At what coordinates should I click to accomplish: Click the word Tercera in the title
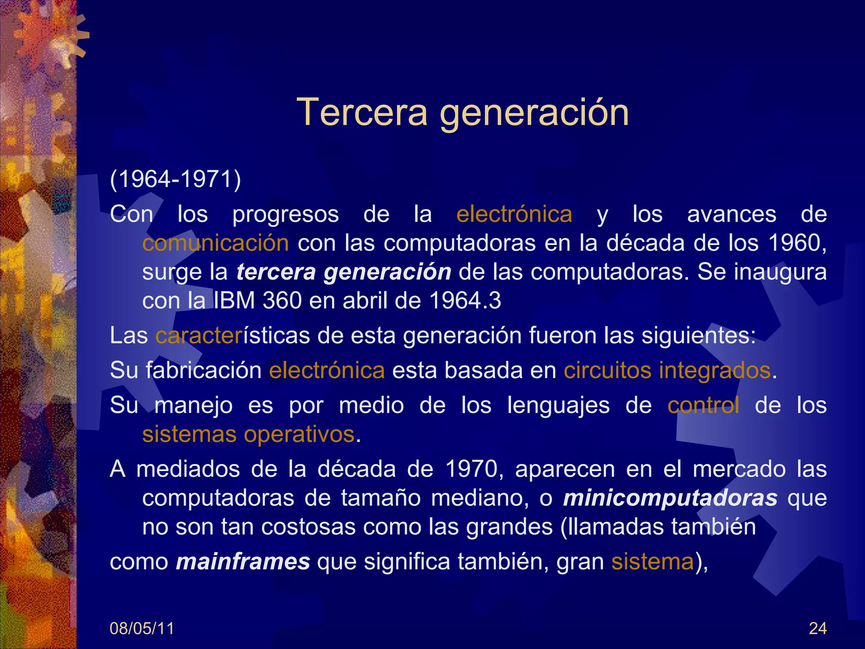pyautogui.click(x=362, y=112)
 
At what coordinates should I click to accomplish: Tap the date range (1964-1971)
pyautogui.click(x=175, y=179)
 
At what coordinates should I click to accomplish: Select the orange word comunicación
pyautogui.click(x=215, y=243)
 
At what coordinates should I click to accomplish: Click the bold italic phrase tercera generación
pyautogui.click(x=343, y=272)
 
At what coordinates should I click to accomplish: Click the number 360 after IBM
pyautogui.click(x=282, y=301)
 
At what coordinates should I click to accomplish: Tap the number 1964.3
pyautogui.click(x=465, y=301)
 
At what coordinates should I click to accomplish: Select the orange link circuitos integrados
pyautogui.click(x=667, y=371)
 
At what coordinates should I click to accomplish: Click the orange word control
pyautogui.click(x=703, y=405)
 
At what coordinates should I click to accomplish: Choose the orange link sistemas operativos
pyautogui.click(x=248, y=434)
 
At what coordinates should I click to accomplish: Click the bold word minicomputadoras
pyautogui.click(x=670, y=498)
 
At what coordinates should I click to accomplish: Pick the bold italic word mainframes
pyautogui.click(x=243, y=562)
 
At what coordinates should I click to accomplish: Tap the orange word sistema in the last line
pyautogui.click(x=652, y=562)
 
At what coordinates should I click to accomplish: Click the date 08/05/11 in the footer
pyautogui.click(x=141, y=629)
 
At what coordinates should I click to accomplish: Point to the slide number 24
pyautogui.click(x=817, y=629)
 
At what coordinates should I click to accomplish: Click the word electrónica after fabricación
pyautogui.click(x=327, y=371)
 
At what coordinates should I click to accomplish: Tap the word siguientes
pyautogui.click(x=698, y=336)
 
